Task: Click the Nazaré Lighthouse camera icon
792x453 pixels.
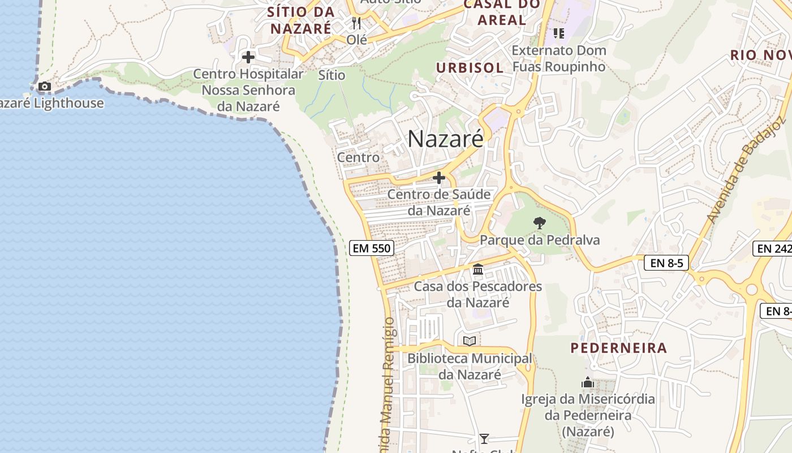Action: [44, 87]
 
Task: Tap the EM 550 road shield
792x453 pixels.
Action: [371, 248]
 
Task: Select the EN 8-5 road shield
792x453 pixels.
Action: [666, 263]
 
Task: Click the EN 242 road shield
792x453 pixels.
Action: [773, 248]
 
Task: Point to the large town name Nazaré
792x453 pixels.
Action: [445, 139]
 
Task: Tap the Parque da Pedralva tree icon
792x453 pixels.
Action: [540, 223]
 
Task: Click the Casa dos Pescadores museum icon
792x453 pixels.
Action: [478, 269]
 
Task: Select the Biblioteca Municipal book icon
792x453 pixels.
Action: [470, 341]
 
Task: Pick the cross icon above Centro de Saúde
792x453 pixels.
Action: [438, 178]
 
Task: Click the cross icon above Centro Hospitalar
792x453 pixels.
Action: [248, 57]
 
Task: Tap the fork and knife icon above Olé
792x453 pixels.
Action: [356, 23]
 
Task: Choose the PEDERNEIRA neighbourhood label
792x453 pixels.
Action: [618, 348]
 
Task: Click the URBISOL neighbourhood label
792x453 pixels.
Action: [470, 68]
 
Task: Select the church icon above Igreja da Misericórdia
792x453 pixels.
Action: [588, 383]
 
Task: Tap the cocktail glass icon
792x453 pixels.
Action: [484, 438]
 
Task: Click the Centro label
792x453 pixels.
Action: [358, 157]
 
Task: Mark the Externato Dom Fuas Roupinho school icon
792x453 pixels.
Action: [559, 33]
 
